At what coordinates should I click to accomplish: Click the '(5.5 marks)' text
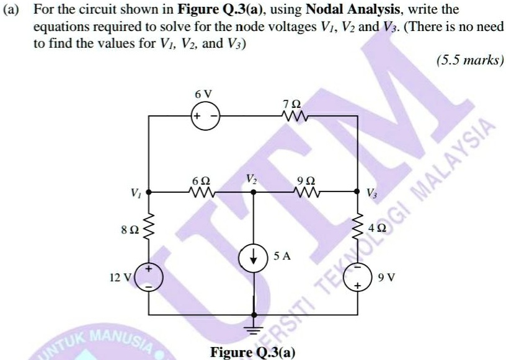[469, 61]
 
